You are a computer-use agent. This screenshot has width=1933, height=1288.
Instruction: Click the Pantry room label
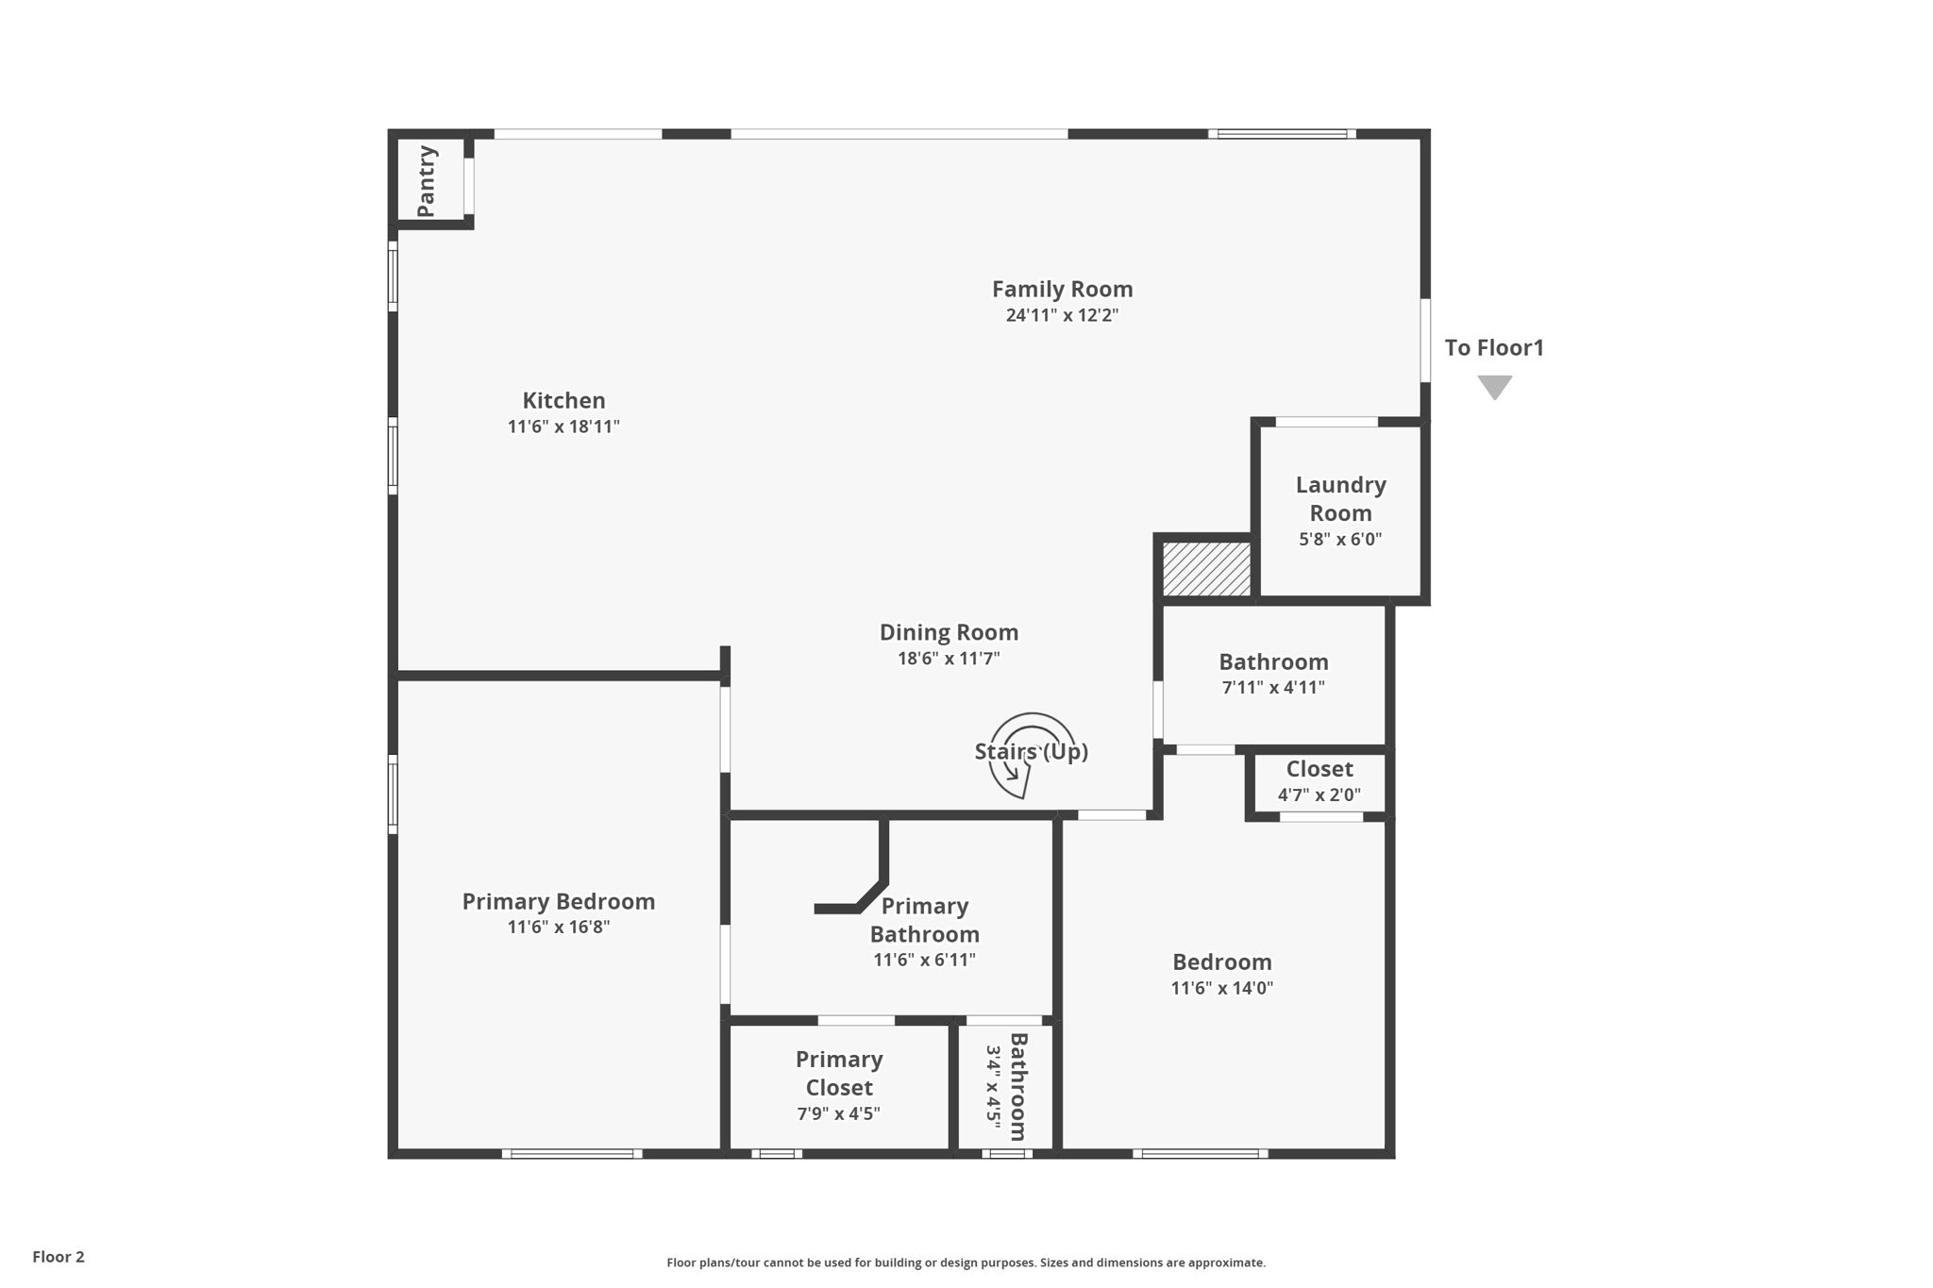[x=427, y=180]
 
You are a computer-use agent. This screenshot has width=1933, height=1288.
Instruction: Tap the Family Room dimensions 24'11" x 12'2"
[x=1062, y=315]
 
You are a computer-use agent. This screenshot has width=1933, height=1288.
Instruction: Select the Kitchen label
[x=563, y=400]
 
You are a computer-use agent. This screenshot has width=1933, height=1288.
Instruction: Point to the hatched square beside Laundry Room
[x=1206, y=568]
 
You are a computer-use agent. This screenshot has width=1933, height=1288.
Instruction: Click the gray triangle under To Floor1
[x=1494, y=386]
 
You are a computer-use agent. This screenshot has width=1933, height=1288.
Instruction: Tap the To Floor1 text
[x=1494, y=348]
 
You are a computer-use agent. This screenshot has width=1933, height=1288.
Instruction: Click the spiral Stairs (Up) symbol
[x=1031, y=753]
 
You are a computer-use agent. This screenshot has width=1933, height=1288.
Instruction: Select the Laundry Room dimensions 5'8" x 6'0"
[x=1340, y=540]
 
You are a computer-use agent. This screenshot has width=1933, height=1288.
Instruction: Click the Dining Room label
[x=949, y=632]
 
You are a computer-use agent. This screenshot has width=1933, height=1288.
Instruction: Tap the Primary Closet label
[x=838, y=1073]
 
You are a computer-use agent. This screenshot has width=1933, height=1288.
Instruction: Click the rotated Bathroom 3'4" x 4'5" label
[x=1006, y=1086]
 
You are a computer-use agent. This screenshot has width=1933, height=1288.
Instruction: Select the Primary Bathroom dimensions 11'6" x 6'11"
[x=924, y=960]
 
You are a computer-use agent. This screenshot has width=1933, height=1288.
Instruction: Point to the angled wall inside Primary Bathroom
[x=870, y=895]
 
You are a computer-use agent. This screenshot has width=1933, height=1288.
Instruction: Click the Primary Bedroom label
[x=558, y=901]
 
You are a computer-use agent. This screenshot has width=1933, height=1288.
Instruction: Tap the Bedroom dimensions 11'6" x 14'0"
[x=1221, y=988]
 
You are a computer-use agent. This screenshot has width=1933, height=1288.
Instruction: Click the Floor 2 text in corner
[x=59, y=1257]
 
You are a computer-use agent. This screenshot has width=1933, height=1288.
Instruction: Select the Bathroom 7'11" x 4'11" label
[x=1272, y=661]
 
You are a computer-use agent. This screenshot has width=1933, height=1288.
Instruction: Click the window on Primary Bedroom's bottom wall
[x=572, y=1153]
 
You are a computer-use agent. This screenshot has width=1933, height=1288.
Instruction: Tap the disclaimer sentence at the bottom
[x=966, y=1263]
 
